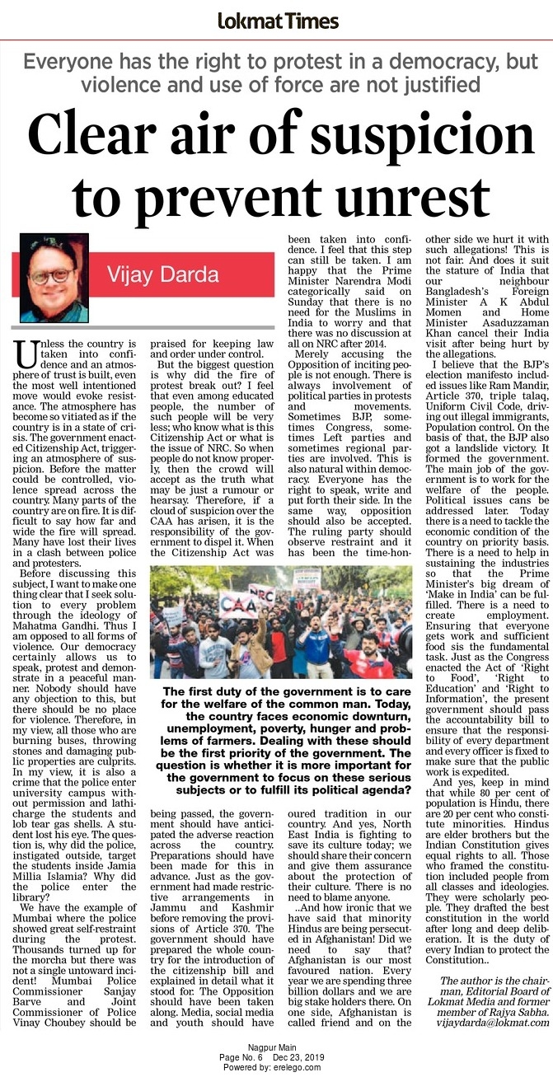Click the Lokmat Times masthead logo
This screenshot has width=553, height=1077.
(x=277, y=21)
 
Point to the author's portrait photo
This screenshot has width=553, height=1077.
(x=54, y=278)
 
